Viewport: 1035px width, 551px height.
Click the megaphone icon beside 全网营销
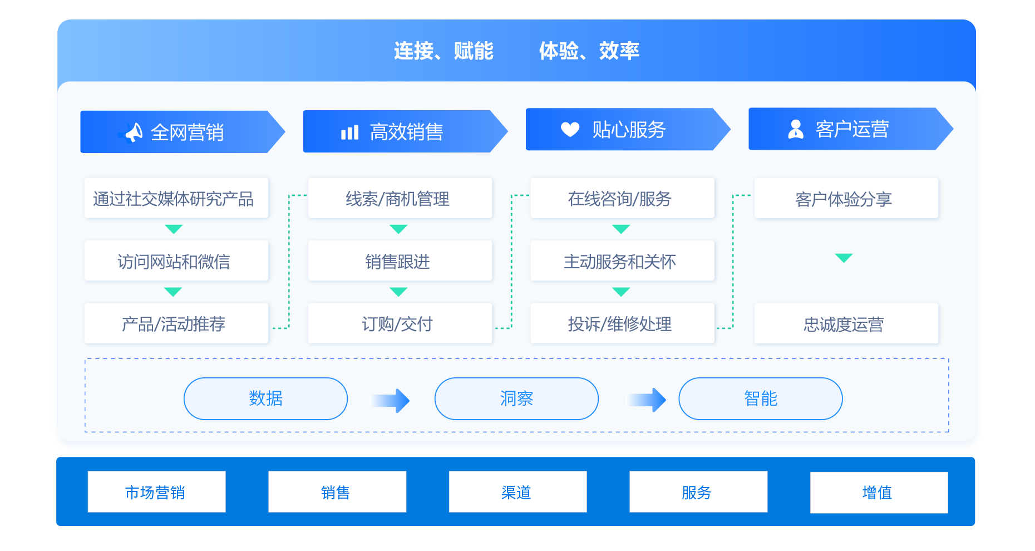[132, 132]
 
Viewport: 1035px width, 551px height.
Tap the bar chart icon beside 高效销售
[349, 132]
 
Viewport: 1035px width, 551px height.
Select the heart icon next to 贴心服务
[570, 129]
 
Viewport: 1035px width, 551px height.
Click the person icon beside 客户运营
[796, 129]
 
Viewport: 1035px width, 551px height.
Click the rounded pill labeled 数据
[265, 399]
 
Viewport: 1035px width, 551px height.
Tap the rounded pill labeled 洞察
[516, 399]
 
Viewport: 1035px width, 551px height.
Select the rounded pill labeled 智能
[760, 399]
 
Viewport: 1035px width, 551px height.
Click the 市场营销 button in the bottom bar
[156, 492]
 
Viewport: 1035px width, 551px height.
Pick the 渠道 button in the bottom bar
[517, 492]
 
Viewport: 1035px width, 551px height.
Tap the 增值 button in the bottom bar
[879, 493]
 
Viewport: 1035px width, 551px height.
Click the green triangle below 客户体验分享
[844, 258]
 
